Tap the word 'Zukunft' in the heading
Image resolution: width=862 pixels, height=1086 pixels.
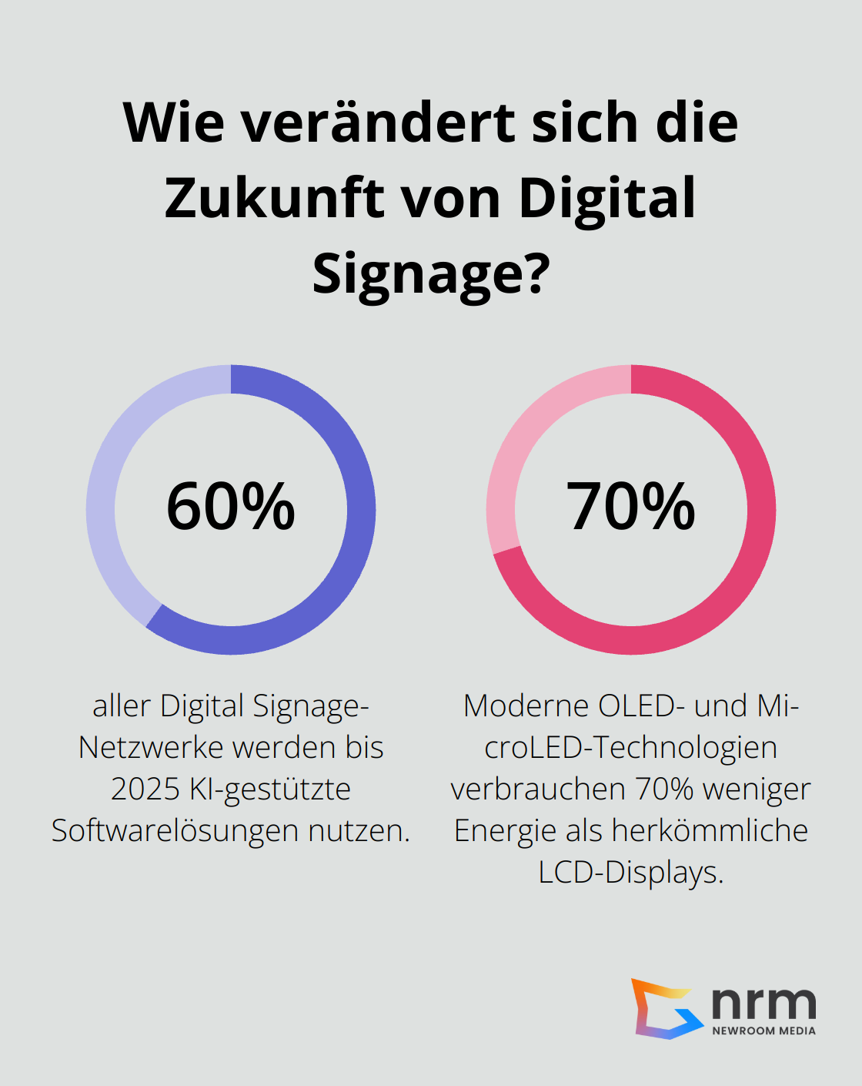click(x=274, y=199)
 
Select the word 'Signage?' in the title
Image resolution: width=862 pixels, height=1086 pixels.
click(x=431, y=273)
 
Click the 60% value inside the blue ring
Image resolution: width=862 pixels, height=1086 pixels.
click(x=231, y=507)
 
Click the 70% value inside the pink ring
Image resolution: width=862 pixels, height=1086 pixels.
click(x=631, y=507)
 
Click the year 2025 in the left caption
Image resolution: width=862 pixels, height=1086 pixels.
click(x=145, y=789)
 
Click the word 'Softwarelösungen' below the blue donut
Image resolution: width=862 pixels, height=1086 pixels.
click(x=175, y=831)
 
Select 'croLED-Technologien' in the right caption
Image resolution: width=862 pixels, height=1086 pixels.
click(x=631, y=748)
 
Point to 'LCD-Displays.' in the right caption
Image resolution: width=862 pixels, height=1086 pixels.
click(x=631, y=873)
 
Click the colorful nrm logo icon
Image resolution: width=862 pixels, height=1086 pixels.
click(x=664, y=1008)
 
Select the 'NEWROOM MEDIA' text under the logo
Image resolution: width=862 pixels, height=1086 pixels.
click(x=763, y=1031)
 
